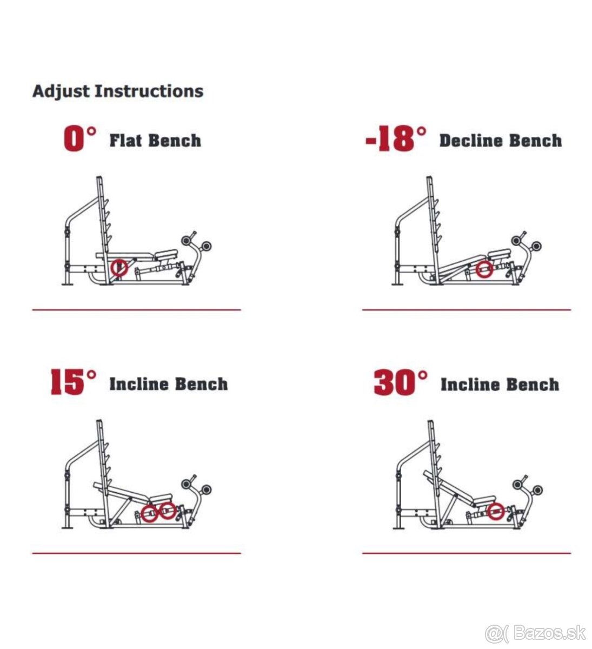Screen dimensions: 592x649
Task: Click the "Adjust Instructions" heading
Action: [118, 91]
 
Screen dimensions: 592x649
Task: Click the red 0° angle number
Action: [80, 139]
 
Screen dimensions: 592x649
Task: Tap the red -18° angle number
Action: [396, 139]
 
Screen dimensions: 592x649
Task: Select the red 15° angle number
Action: [74, 382]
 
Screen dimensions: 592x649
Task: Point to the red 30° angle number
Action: [401, 382]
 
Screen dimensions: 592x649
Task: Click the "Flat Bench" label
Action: [155, 141]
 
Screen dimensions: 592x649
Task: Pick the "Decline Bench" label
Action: [501, 141]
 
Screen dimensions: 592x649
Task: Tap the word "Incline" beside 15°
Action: [139, 384]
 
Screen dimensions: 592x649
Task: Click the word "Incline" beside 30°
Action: [471, 385]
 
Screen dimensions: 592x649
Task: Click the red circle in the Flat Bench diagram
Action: [119, 267]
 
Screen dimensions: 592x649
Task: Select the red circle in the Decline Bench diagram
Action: [484, 269]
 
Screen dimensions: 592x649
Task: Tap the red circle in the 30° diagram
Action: [496, 511]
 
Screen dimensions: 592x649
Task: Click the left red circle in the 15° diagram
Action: [149, 513]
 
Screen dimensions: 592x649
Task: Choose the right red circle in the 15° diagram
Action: [167, 511]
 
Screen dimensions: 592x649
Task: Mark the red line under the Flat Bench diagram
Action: [137, 309]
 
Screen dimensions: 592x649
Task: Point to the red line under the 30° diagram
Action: [467, 553]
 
